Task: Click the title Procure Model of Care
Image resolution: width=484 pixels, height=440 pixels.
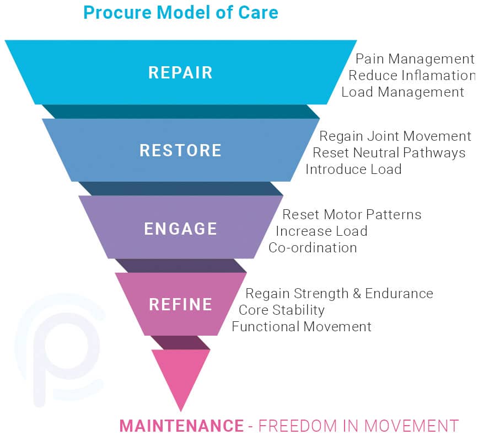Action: [x=181, y=13]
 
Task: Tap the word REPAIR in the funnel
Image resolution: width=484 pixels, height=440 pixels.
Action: [x=181, y=73]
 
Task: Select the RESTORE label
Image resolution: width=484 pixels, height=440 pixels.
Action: [x=181, y=150]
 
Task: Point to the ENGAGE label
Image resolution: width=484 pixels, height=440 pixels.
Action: [x=181, y=229]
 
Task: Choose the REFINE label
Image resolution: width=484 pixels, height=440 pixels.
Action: [x=181, y=304]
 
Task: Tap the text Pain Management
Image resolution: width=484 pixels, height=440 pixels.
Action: [x=415, y=59]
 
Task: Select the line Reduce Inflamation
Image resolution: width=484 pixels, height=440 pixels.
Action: [x=412, y=76]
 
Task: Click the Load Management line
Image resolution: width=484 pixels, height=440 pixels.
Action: [x=403, y=92]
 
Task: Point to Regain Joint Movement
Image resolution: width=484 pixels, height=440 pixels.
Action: [x=395, y=136]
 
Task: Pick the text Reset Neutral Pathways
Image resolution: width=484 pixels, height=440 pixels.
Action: [x=389, y=153]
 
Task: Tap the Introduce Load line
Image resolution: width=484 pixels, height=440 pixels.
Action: [x=354, y=169]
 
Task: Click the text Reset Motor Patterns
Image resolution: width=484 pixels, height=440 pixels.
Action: [x=352, y=215]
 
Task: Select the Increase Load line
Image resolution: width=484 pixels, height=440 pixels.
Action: [x=321, y=231]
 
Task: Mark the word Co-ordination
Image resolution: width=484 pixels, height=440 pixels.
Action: [x=313, y=248]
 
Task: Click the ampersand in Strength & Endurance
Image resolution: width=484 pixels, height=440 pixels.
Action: [x=357, y=294]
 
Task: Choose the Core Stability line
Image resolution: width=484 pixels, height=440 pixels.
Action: [x=282, y=310]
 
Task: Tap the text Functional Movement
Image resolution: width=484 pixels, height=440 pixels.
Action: [x=302, y=327]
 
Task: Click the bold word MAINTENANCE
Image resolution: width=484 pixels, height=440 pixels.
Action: [x=181, y=426]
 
